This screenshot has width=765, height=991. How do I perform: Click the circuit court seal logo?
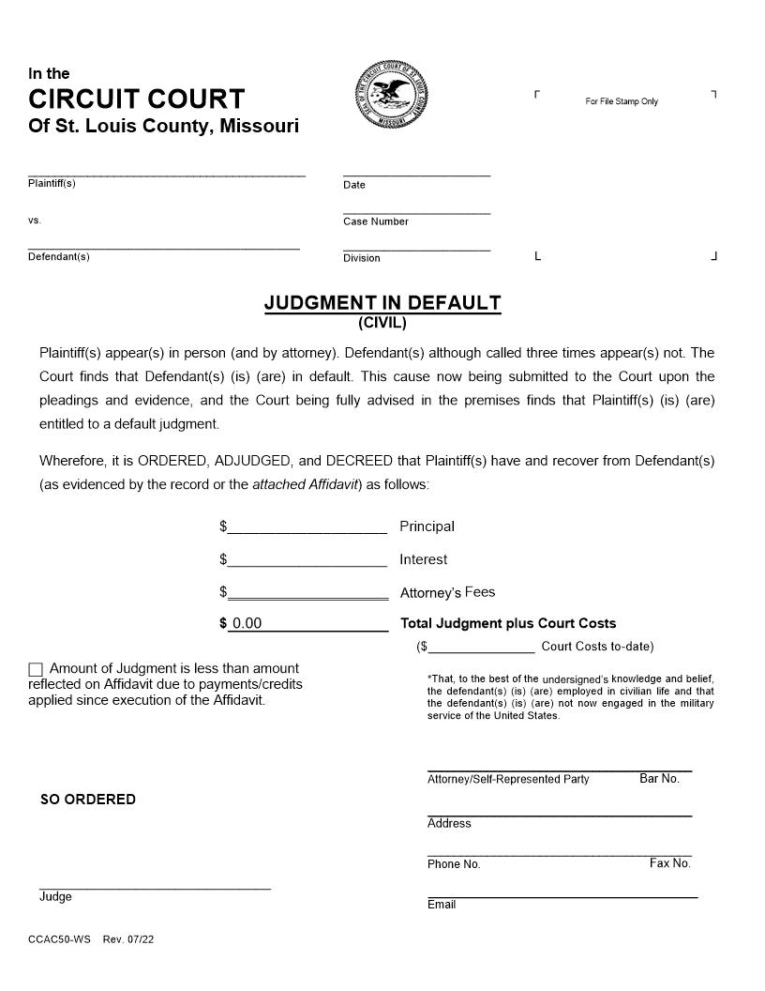click(x=394, y=96)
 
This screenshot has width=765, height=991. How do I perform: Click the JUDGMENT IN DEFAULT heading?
click(x=382, y=303)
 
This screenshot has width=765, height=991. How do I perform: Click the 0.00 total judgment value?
click(x=247, y=624)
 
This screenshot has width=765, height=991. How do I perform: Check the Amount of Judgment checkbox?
click(x=36, y=669)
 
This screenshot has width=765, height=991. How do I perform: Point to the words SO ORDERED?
click(x=88, y=800)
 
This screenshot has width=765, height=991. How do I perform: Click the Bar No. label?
click(x=659, y=779)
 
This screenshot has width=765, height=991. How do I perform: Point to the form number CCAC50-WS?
click(x=59, y=939)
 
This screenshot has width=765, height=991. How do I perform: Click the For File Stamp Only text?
click(x=622, y=101)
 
